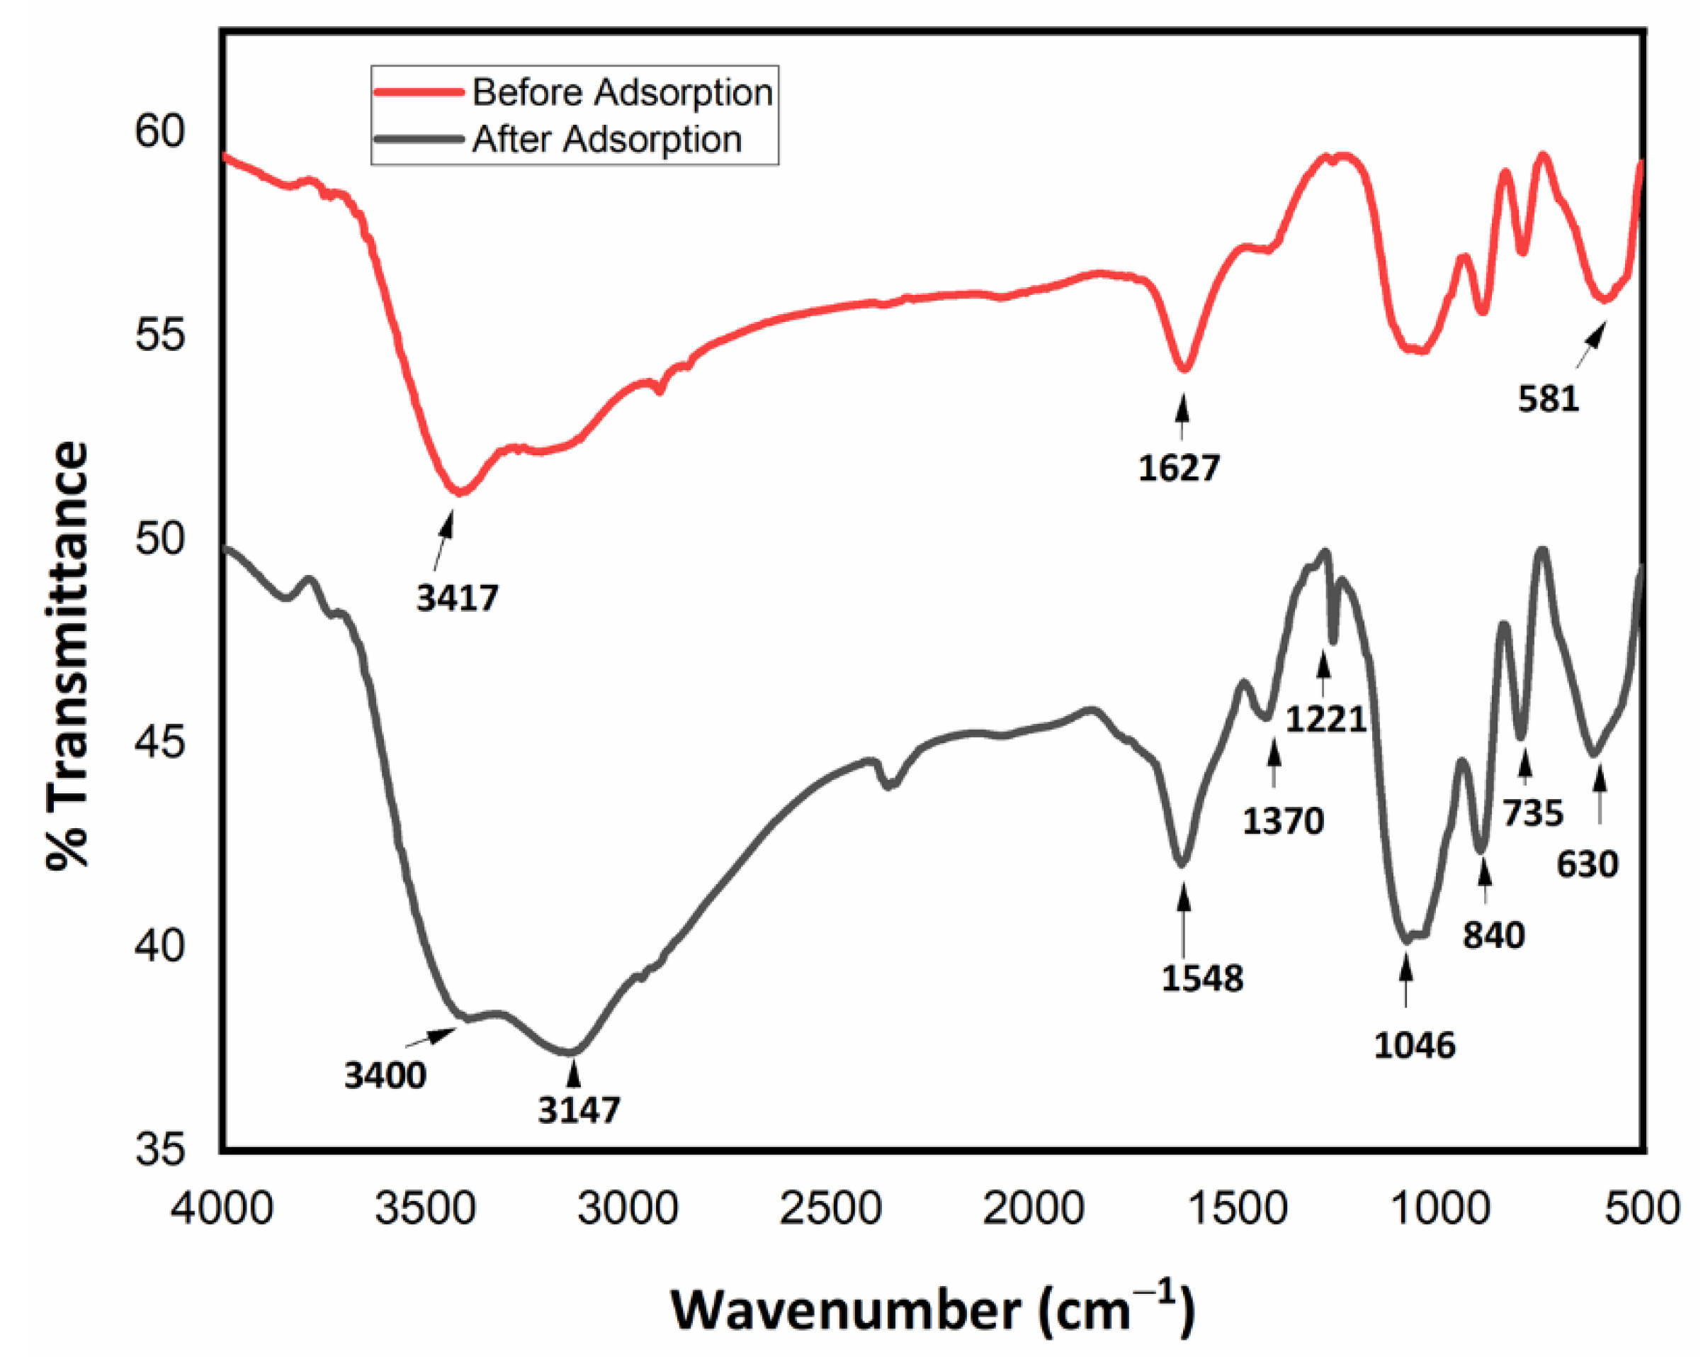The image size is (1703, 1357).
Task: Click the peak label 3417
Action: pos(458,598)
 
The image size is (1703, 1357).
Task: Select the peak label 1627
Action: pos(1179,469)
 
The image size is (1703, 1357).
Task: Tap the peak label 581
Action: pos(1548,399)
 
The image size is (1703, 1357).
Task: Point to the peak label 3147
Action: pos(579,1110)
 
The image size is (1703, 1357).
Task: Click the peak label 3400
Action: pos(385,1076)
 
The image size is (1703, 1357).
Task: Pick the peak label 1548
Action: pos(1201,978)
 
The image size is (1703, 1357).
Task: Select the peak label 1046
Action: pos(1414,1046)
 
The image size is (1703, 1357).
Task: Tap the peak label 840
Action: pos(1493,936)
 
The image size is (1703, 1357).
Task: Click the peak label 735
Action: pos(1532,813)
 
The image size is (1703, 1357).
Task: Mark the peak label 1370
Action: pos(1283,822)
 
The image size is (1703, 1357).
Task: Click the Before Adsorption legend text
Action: pos(623,92)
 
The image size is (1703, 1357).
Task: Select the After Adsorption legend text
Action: pos(606,140)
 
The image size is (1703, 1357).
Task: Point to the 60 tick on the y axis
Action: pos(159,130)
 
